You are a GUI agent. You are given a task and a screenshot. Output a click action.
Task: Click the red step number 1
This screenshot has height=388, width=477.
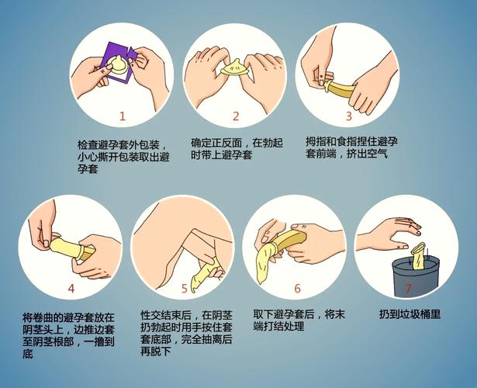[122, 116]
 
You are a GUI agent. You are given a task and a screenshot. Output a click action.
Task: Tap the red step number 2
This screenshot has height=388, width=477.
[236, 116]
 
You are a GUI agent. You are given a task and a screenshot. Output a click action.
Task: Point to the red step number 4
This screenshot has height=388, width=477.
[71, 288]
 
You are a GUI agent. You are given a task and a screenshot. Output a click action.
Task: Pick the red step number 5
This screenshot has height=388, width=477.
[185, 289]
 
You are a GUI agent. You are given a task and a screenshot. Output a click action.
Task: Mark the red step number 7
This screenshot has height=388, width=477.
[409, 288]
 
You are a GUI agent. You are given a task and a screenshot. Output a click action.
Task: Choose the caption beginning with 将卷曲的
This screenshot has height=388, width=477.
[69, 335]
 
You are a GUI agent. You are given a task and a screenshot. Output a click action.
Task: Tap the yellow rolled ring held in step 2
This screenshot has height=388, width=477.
[235, 68]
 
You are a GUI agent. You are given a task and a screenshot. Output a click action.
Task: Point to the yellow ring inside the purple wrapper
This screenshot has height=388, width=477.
[119, 66]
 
